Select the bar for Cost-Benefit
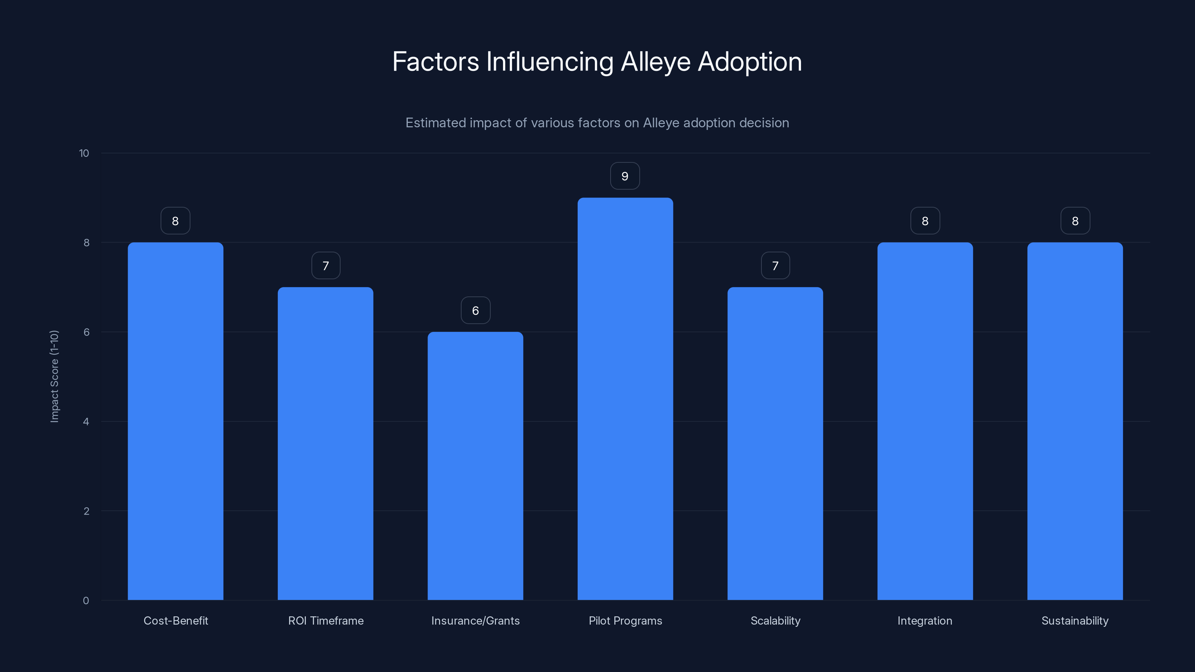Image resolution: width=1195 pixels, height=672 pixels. [176, 421]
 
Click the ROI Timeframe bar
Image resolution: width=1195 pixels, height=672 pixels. [325, 444]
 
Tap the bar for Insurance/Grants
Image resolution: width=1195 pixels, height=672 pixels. [475, 466]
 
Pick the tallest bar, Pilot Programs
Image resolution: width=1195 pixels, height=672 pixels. [625, 399]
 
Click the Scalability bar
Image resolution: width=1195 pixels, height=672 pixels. [775, 444]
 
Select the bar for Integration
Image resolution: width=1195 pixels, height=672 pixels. [925, 421]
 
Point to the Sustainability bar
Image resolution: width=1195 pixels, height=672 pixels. [1075, 421]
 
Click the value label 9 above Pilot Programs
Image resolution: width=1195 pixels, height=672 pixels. [624, 176]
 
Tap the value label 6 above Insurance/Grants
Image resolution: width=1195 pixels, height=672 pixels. [475, 311]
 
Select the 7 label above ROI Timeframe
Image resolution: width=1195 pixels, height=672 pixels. [325, 266]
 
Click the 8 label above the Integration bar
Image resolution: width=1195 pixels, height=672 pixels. [925, 221]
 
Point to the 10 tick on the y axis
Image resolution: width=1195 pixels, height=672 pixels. [84, 153]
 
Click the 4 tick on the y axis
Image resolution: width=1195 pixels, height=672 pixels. [86, 421]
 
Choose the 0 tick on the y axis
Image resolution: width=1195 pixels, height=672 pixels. [86, 601]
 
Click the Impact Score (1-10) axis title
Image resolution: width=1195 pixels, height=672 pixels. [54, 376]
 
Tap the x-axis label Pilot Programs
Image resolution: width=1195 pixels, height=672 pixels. [625, 620]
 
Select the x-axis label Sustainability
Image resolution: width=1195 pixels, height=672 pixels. [1075, 620]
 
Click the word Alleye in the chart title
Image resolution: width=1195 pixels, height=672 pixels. [655, 62]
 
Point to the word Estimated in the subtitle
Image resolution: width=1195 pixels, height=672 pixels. [435, 123]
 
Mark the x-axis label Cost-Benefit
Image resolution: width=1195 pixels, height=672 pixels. [176, 620]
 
